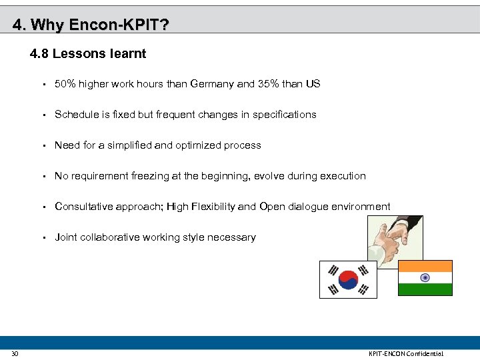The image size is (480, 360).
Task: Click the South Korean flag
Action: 348,279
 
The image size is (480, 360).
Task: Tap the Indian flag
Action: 425,278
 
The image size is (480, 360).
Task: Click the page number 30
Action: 15,353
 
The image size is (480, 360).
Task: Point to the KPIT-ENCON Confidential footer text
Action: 405,353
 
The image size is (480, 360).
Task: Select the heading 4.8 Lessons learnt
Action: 88,53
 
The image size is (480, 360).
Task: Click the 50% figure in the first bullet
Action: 65,84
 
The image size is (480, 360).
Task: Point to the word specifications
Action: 284,115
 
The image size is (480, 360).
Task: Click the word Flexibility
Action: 213,207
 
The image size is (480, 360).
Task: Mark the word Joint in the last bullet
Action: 66,237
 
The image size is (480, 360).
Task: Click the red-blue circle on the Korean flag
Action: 348,279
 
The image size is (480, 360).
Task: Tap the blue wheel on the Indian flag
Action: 425,278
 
